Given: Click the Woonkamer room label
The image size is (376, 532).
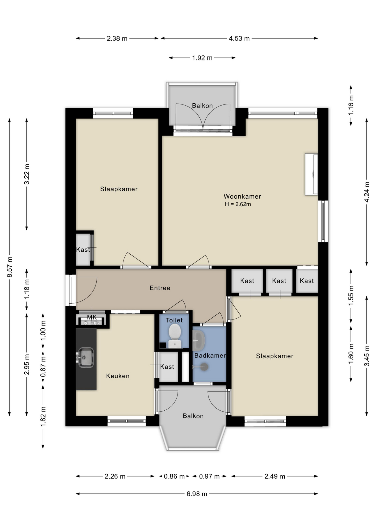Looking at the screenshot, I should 242,196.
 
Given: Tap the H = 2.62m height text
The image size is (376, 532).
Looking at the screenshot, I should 238,204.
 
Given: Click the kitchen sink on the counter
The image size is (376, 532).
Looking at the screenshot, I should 86,357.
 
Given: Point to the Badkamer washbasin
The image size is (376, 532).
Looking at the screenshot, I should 199,340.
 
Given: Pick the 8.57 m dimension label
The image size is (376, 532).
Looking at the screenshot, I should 10,267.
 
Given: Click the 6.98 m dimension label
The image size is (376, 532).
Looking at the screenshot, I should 197,494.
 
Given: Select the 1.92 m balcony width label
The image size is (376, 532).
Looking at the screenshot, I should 202,58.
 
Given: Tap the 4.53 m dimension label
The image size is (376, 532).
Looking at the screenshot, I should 239,39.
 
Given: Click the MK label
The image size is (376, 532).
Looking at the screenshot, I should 92,317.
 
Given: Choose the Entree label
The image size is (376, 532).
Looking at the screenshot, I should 160,288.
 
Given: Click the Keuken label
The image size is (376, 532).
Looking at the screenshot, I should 118,376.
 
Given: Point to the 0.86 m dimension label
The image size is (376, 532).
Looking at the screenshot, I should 174,476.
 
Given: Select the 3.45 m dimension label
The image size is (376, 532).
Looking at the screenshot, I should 367,356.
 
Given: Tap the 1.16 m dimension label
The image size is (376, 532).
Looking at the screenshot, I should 351,105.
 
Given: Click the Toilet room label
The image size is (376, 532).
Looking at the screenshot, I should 174,320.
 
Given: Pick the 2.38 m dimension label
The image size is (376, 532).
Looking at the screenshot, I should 117,39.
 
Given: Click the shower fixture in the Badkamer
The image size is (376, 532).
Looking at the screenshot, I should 204,367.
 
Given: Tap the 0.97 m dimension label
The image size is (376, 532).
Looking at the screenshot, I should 209,476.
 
